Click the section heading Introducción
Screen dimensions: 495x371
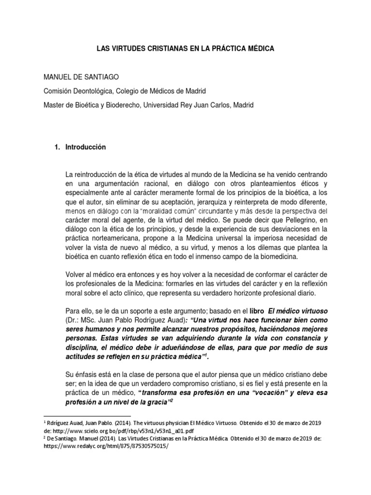coord(85,147)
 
